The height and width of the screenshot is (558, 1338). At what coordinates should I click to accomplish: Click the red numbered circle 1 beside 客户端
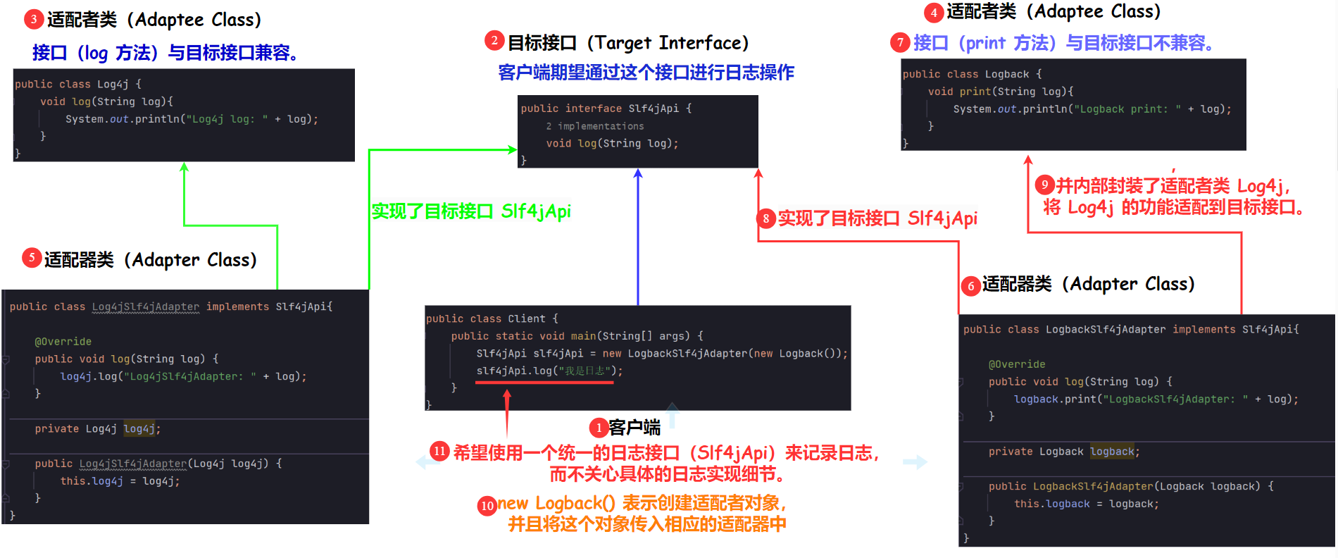(x=599, y=428)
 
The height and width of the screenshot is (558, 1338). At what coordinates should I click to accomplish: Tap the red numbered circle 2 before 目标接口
(x=494, y=41)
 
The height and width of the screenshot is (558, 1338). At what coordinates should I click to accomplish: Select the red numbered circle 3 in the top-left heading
(x=33, y=19)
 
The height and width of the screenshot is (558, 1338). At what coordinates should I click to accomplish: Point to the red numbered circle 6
(x=971, y=286)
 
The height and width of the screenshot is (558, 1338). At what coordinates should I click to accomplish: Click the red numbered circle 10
(x=487, y=505)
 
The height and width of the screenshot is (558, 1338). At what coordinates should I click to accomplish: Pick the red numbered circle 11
(x=439, y=451)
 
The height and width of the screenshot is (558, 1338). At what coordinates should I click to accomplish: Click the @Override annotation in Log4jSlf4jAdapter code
(x=63, y=342)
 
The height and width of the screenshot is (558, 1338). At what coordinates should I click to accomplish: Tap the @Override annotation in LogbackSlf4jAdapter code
(x=1017, y=364)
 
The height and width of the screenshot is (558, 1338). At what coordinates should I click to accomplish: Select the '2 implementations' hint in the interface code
(x=595, y=126)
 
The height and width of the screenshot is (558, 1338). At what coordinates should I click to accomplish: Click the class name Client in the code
(x=527, y=318)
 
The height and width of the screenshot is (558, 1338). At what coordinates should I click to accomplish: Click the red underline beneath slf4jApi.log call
(x=544, y=383)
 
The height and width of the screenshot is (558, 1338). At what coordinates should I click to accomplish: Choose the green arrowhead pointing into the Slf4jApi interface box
(x=513, y=149)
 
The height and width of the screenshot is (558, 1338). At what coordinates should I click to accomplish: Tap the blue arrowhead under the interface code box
(x=638, y=173)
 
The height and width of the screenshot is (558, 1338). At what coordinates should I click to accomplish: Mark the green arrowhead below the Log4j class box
(x=184, y=167)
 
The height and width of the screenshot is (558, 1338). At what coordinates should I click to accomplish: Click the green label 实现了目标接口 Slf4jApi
(x=470, y=211)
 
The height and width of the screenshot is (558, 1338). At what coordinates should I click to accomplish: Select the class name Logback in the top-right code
(x=1007, y=74)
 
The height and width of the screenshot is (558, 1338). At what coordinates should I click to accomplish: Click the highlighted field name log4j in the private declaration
(x=140, y=428)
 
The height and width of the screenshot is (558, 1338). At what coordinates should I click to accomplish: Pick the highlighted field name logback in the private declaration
(x=1113, y=452)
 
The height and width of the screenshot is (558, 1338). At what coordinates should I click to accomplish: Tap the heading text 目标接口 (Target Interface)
(x=628, y=43)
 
